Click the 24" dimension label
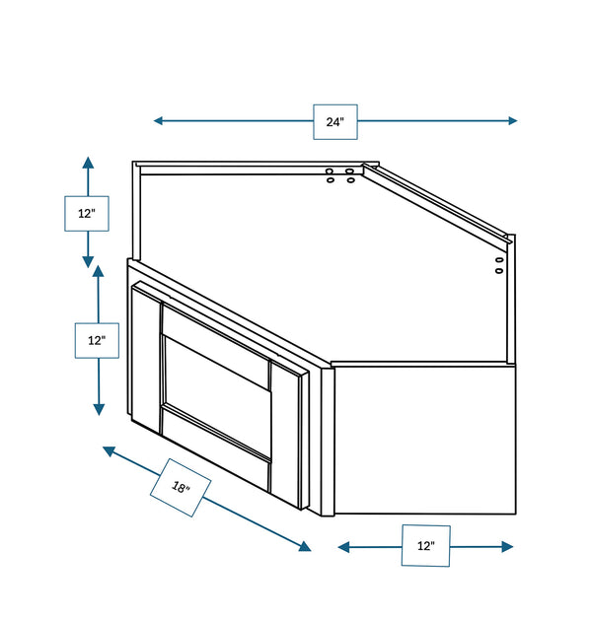(x=335, y=122)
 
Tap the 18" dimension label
(x=181, y=488)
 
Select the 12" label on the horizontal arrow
(x=426, y=546)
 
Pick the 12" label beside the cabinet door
(x=97, y=340)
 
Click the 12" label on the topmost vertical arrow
(x=87, y=214)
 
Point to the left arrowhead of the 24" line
(x=158, y=120)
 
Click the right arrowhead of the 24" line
(x=512, y=121)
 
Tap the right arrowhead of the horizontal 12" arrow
(x=507, y=547)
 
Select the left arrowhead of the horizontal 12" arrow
(x=343, y=547)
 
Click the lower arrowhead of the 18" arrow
(x=305, y=546)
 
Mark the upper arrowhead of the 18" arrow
(x=109, y=450)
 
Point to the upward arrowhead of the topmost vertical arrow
(x=88, y=163)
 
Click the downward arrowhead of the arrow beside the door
(x=99, y=410)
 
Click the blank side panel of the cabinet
(x=425, y=440)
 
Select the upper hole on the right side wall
(x=500, y=260)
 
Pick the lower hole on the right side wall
(x=499, y=271)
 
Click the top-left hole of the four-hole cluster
(x=330, y=172)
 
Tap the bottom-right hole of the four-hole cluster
(x=350, y=180)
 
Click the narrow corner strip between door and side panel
(x=328, y=442)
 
